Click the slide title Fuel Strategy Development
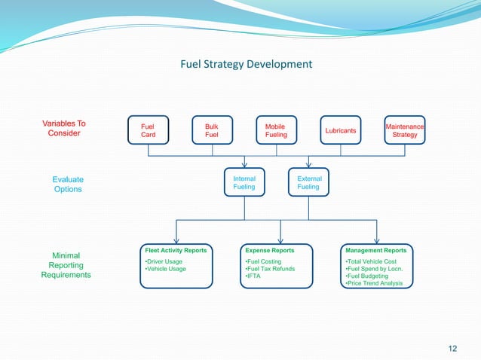click(246, 64)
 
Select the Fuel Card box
click(148, 130)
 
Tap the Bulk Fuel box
click(212, 130)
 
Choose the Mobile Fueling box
click(276, 130)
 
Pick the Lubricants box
click(340, 130)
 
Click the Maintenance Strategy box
click(405, 130)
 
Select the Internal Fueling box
click(244, 183)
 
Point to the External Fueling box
click(309, 183)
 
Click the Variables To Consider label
click(64, 128)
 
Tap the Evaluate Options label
click(68, 185)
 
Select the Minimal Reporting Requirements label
click(66, 265)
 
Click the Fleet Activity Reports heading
click(176, 250)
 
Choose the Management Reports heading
click(375, 250)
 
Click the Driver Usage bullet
click(164, 261)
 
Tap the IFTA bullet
click(253, 276)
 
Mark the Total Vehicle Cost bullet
click(370, 261)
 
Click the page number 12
click(452, 347)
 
